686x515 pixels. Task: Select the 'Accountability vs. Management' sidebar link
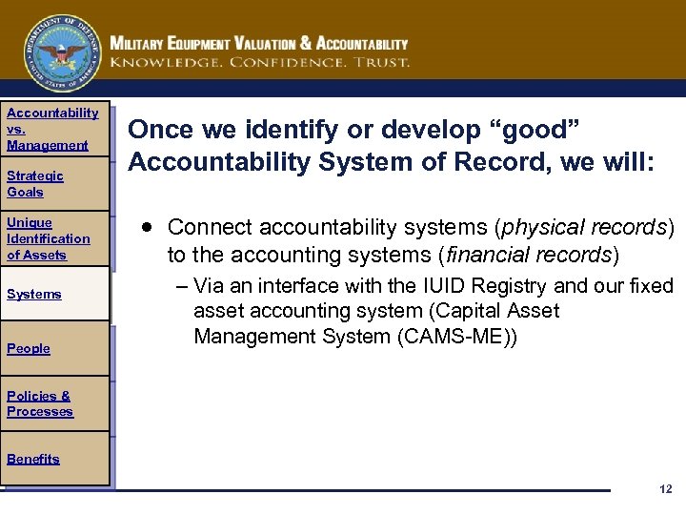point(51,129)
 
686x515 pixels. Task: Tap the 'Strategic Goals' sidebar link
point(34,183)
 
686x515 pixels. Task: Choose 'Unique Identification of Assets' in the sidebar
point(48,238)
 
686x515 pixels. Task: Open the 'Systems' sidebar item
point(33,294)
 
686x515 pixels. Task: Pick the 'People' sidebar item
point(28,348)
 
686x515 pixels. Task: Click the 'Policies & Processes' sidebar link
point(39,403)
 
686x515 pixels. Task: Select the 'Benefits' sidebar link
point(32,459)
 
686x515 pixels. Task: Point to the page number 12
point(665,489)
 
